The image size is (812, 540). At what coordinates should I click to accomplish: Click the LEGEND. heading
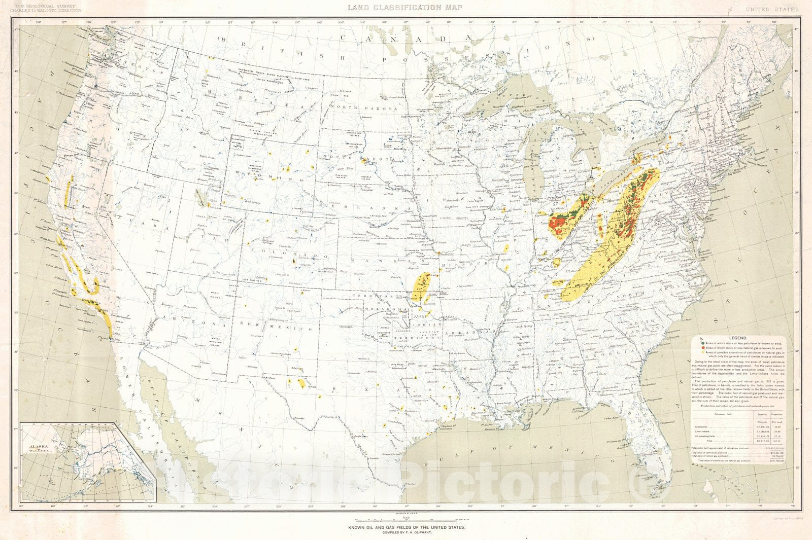click(738, 338)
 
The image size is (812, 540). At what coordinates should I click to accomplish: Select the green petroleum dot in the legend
click(703, 343)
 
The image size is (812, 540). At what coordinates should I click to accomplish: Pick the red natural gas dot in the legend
click(703, 348)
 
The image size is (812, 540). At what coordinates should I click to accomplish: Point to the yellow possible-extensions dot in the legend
click(703, 352)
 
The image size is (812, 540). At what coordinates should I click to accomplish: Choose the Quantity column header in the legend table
click(762, 414)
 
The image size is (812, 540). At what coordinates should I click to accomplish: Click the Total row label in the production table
click(709, 441)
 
